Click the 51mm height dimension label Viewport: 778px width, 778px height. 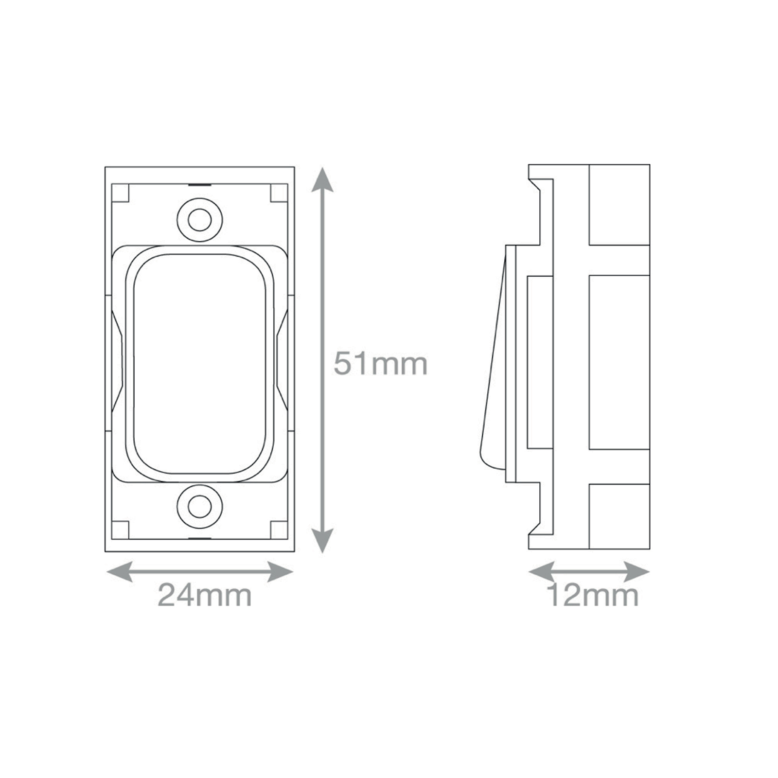(380, 364)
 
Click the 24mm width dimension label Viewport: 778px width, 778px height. (205, 595)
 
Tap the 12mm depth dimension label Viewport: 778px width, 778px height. (593, 595)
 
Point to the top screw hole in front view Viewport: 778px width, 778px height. (199, 220)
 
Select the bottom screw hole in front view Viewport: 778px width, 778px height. (199, 507)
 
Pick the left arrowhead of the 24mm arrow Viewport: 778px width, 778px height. (120, 572)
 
